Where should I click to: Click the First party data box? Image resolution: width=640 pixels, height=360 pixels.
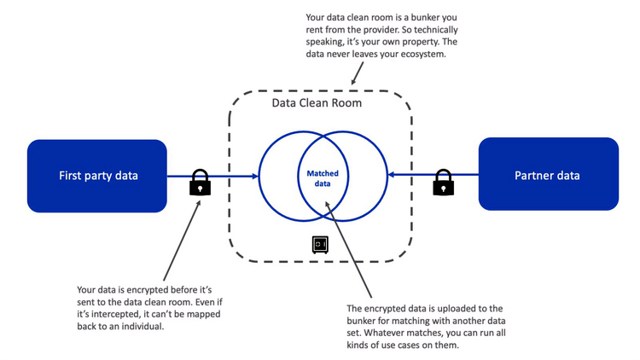pyautogui.click(x=97, y=176)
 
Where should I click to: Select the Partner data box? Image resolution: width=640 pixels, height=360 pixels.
pyautogui.click(x=547, y=176)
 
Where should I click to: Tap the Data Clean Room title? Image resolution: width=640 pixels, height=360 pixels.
pyautogui.click(x=317, y=103)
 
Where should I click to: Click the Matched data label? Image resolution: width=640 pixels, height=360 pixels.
pyautogui.click(x=323, y=178)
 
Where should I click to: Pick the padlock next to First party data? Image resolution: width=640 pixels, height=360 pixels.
pyautogui.click(x=200, y=183)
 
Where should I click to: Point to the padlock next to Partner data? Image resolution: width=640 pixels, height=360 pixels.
pyautogui.click(x=442, y=183)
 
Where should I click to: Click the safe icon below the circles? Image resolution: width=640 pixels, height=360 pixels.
pyautogui.click(x=319, y=244)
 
